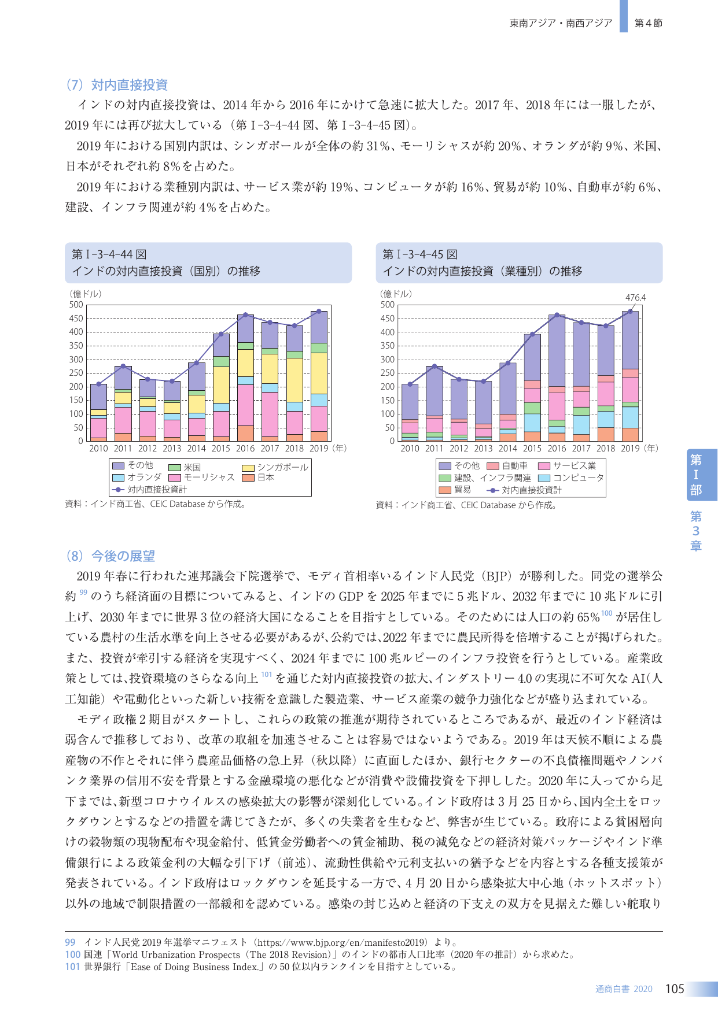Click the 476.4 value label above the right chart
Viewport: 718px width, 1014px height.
pyautogui.click(x=635, y=298)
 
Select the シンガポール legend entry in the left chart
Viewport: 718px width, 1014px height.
pyautogui.click(x=275, y=468)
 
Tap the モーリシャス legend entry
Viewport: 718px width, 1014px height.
pyautogui.click(x=202, y=478)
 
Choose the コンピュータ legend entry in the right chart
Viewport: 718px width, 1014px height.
pyautogui.click(x=571, y=478)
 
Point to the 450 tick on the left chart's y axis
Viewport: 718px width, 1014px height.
pyautogui.click(x=76, y=319)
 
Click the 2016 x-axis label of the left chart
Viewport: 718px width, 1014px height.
pyautogui.click(x=245, y=449)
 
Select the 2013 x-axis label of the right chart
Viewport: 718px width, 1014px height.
pyautogui.click(x=483, y=449)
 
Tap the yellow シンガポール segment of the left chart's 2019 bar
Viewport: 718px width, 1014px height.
pyautogui.click(x=319, y=373)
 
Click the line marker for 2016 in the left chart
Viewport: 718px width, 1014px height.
pyautogui.click(x=245, y=315)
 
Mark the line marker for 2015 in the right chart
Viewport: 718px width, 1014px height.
pyautogui.click(x=532, y=334)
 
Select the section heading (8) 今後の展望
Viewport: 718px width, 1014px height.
pyautogui.click(x=110, y=556)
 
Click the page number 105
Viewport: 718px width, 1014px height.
pyautogui.click(x=675, y=989)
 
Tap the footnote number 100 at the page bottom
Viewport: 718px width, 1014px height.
pyautogui.click(x=72, y=955)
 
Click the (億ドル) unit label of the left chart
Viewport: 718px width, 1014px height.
pyautogui.click(x=86, y=294)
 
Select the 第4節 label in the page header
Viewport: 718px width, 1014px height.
pyautogui.click(x=649, y=23)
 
